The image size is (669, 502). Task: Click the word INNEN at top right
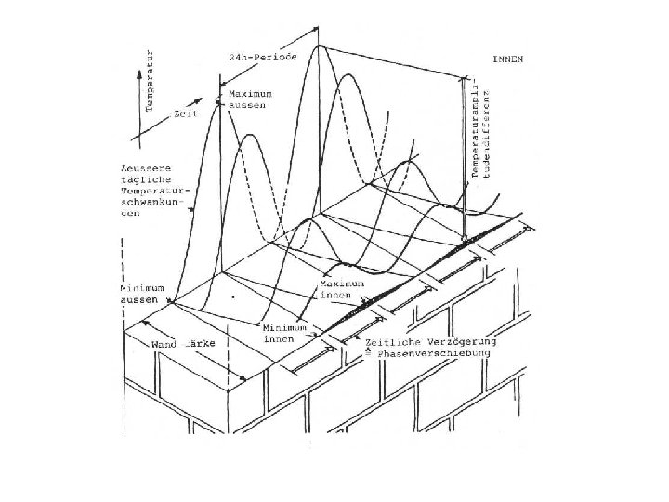pos(507,59)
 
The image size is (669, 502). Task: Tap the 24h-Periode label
pos(263,56)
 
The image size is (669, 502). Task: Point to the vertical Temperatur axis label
pos(151,84)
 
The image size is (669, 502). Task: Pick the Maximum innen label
pos(336,288)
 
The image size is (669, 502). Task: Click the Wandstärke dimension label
pos(184,343)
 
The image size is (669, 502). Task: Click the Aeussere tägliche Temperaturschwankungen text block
pos(144,190)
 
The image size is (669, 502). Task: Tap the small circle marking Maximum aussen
pos(219,99)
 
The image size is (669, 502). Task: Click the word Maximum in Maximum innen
pos(336,283)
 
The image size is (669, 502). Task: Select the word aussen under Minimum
pos(139,300)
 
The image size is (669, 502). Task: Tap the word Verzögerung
pos(458,342)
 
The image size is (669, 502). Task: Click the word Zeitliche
pos(397,342)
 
